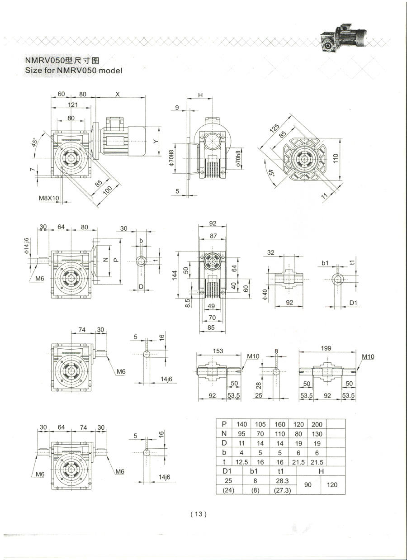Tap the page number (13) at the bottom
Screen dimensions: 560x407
pyautogui.click(x=199, y=513)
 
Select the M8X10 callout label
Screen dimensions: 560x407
pyautogui.click(x=49, y=198)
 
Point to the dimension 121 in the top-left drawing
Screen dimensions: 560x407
pyautogui.click(x=72, y=104)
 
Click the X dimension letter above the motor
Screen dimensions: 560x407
pyautogui.click(x=118, y=94)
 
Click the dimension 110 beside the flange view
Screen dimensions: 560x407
pyautogui.click(x=336, y=158)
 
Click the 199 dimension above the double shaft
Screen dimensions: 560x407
pyautogui.click(x=326, y=348)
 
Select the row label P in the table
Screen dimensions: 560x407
pyautogui.click(x=224, y=424)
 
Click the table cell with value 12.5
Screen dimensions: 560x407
pyautogui.click(x=241, y=462)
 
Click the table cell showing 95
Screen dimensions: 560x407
pyautogui.click(x=241, y=433)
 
